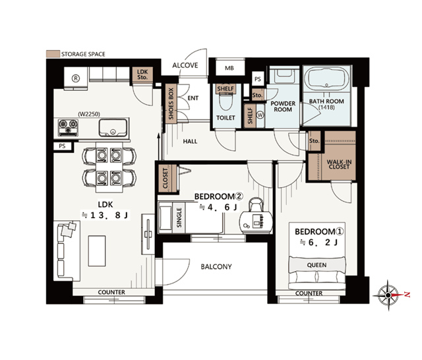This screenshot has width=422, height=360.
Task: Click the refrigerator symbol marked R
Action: pos(76,78)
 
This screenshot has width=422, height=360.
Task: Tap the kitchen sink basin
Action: pos(113,128)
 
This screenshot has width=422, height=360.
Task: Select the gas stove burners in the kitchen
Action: pos(68,127)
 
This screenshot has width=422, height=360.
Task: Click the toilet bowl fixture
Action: pos(226,102)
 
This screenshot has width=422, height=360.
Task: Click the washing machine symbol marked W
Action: pos(260,115)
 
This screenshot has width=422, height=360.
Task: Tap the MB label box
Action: pos(229,68)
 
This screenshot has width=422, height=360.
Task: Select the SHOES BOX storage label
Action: pos(171,104)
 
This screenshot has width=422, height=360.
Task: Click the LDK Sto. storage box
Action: pos(142,75)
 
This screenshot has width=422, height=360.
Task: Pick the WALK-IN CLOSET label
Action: pos(339,164)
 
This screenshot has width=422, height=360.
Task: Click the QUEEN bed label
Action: pos(316,265)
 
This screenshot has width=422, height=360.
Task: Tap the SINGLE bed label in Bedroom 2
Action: pos(179,218)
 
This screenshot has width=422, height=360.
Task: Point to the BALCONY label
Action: pos(216,266)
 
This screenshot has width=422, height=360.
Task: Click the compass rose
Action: pos(388,295)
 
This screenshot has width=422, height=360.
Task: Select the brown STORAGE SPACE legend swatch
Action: pos(53,54)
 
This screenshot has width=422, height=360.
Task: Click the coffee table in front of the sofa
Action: pos(97,251)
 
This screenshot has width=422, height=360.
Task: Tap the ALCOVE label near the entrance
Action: pos(185,65)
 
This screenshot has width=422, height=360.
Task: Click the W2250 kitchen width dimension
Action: pos(89,114)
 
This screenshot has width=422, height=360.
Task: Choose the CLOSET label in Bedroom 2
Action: pos(166,178)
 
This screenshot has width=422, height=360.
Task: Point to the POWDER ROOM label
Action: pos(283,107)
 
